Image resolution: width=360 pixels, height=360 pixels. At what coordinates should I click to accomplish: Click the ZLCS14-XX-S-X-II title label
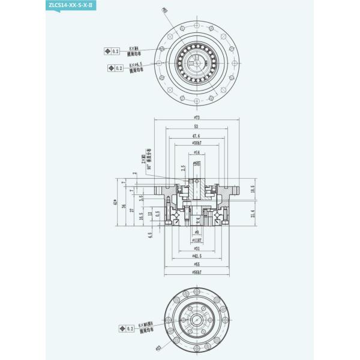pos(71,5)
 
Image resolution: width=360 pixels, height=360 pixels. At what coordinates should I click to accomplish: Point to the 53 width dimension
pos(196,127)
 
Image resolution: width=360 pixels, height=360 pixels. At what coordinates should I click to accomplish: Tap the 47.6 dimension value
pos(196,136)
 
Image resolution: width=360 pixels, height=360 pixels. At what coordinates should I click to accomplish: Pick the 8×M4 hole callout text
pos(134,50)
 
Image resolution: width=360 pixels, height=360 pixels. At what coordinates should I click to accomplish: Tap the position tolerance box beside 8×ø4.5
pos(115,68)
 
